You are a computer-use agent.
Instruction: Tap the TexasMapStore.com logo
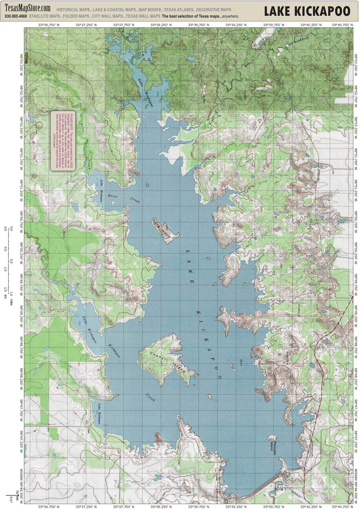point(27,8)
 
